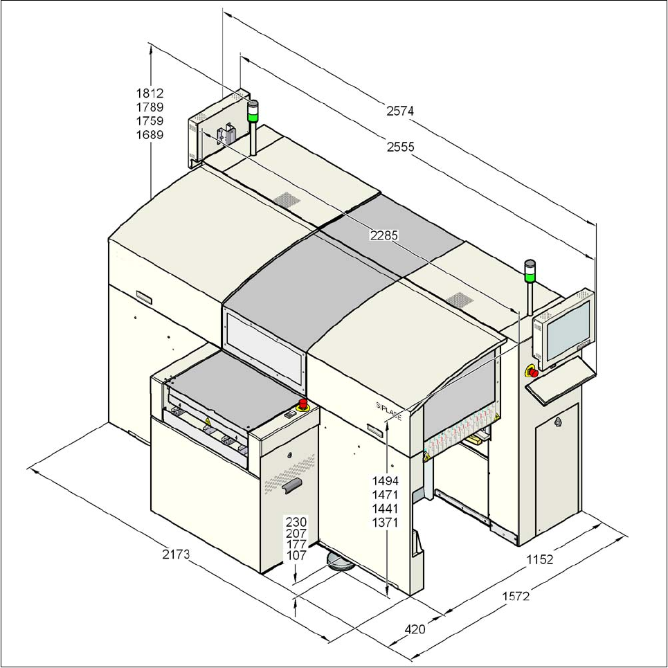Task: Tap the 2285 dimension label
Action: (383, 235)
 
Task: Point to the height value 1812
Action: (150, 93)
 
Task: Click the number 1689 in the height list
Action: (150, 134)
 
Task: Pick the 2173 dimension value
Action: (176, 554)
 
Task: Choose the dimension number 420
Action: (414, 629)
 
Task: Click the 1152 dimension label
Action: (539, 559)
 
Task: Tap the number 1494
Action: (385, 480)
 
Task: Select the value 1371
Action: (385, 523)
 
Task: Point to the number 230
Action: (296, 521)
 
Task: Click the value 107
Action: (296, 555)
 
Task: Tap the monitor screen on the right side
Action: (566, 327)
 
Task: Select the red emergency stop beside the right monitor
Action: (533, 372)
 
